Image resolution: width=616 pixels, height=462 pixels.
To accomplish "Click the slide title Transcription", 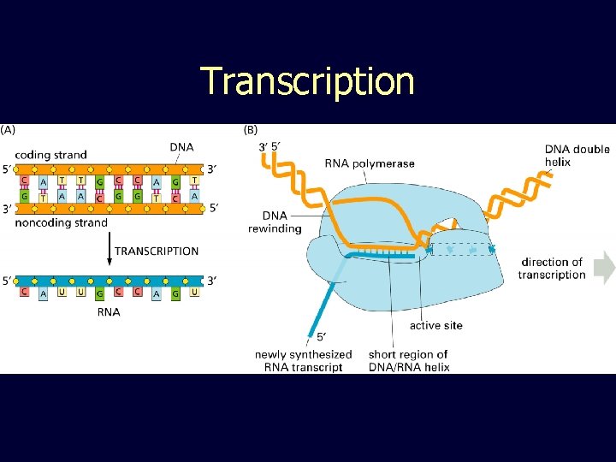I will [x=308, y=81].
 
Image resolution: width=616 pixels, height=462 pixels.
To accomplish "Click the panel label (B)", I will [x=251, y=130].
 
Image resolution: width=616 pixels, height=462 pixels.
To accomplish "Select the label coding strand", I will [x=51, y=155].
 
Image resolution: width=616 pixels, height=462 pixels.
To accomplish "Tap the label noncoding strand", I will [x=62, y=222].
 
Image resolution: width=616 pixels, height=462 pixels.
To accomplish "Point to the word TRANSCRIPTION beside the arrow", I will [x=157, y=252].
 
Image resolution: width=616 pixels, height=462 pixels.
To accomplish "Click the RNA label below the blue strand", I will [x=109, y=312].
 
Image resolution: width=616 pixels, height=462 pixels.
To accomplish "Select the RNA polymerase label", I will [x=370, y=163].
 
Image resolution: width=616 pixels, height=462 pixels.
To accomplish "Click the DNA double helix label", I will [x=577, y=156].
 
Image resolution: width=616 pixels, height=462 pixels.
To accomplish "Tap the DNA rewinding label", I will [x=275, y=222].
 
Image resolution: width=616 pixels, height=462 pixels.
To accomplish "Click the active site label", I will [x=436, y=325].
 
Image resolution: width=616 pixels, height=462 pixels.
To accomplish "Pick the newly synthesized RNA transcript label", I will [x=303, y=360].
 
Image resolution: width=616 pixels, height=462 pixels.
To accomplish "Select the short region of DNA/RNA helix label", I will [x=408, y=360].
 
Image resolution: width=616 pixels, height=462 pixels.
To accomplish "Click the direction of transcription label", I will [x=552, y=269].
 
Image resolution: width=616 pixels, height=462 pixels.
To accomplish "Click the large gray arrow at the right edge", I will [x=605, y=268].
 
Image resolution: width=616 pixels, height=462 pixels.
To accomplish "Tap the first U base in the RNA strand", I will [x=62, y=293].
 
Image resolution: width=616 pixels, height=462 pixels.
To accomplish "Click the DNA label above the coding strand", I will [x=181, y=147].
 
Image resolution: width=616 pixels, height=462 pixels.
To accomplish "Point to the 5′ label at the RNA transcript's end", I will [x=321, y=336].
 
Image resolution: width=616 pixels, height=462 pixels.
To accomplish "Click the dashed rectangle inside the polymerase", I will [x=462, y=249].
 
